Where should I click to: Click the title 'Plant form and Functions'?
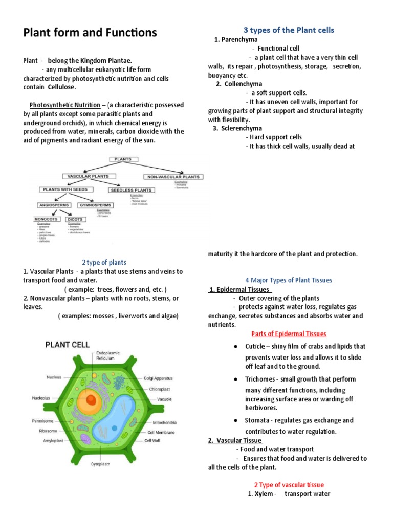tap(90, 33)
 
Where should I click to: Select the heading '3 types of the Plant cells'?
tap(289, 30)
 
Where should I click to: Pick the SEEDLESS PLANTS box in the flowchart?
tap(130, 190)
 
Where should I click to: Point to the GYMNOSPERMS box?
tap(95, 205)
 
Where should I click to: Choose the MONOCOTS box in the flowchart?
tap(46, 219)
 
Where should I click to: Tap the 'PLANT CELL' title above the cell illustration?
tap(68, 345)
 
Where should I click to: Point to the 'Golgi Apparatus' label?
tap(158, 378)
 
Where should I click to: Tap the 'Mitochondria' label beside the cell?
tap(164, 423)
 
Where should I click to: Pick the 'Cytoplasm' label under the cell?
tap(102, 464)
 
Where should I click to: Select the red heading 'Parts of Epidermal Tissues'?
tap(289, 334)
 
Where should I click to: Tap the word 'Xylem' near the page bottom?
tap(264, 494)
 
